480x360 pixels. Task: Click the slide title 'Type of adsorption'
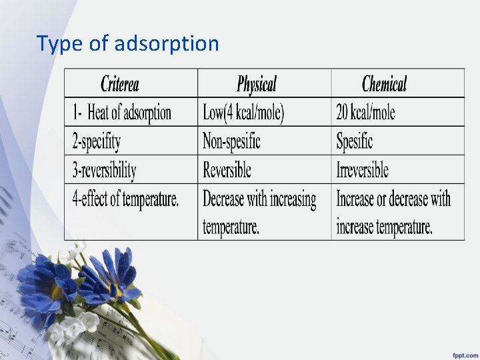[127, 44]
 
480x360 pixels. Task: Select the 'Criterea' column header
[119, 84]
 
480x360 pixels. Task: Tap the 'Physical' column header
[256, 84]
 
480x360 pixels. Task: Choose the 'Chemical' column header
[384, 84]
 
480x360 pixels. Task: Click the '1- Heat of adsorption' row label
[122, 113]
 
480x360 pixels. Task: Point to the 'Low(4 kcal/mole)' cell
[243, 113]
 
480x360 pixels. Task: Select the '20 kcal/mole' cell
[365, 113]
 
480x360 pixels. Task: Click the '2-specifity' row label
[97, 141]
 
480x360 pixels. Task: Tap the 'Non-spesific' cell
[231, 141]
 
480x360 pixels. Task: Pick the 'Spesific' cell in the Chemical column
[355, 141]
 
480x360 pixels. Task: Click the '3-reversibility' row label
[104, 170]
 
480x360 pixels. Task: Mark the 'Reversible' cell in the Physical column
[227, 170]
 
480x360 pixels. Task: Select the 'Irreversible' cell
[363, 170]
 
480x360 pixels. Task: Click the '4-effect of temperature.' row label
[125, 199]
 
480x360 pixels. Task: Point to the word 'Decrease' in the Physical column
[224, 199]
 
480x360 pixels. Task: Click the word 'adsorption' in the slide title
[167, 44]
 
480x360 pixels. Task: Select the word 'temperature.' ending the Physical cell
[231, 226]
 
